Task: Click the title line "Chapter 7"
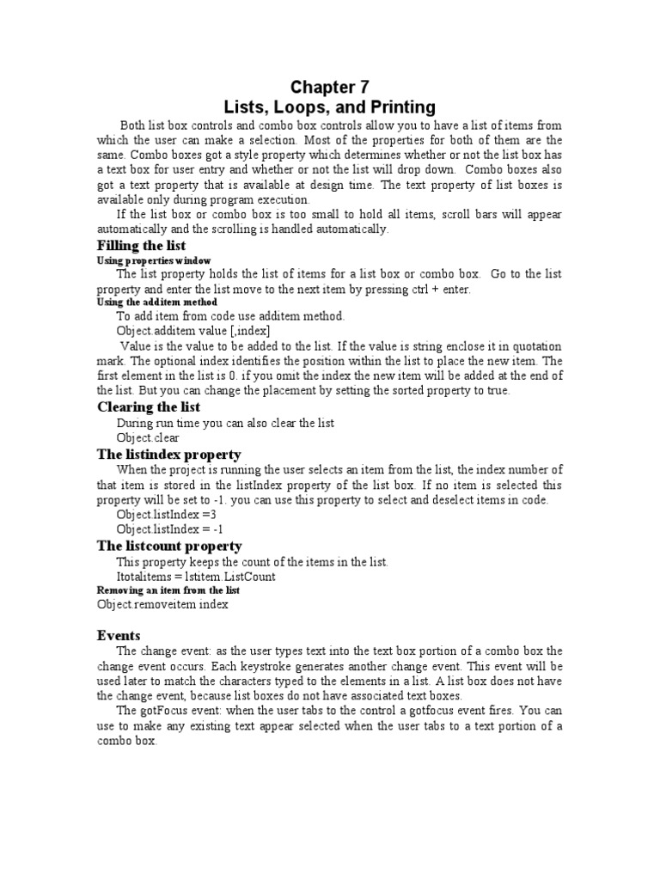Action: point(322,87)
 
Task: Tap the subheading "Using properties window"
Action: point(153,260)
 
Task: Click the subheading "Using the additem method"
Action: point(156,302)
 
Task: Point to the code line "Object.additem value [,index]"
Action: point(193,331)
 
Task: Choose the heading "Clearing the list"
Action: point(149,407)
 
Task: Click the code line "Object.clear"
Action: point(148,437)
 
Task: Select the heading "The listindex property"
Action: point(168,454)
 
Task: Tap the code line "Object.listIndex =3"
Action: point(165,515)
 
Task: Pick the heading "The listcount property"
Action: point(169,546)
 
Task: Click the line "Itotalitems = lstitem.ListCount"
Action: point(196,577)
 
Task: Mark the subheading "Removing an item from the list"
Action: point(168,590)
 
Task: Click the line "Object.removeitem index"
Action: point(162,605)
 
